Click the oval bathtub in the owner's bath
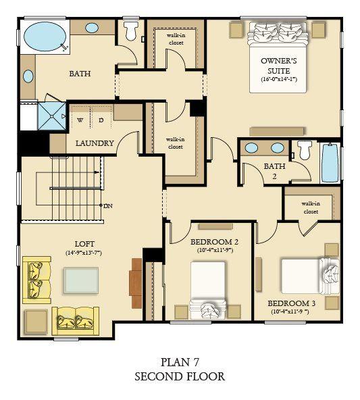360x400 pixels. click(45, 36)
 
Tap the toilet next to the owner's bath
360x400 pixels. click(131, 30)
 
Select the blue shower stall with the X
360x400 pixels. click(52, 116)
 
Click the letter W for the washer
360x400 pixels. click(80, 120)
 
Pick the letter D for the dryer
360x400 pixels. click(101, 120)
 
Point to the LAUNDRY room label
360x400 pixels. click(95, 143)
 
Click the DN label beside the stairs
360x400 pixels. click(108, 206)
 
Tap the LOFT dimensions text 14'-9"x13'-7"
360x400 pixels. click(84, 253)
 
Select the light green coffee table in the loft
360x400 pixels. click(81, 280)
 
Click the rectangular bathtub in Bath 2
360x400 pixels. click(330, 162)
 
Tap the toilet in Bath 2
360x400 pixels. click(305, 150)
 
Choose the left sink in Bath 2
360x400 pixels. click(251, 148)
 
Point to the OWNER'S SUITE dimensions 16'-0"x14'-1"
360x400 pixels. click(279, 79)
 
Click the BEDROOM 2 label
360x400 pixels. click(215, 242)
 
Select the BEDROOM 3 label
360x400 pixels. click(291, 303)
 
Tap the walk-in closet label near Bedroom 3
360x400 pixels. click(311, 207)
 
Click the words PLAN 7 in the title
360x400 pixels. click(180, 362)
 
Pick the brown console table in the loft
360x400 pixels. click(136, 283)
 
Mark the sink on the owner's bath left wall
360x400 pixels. click(28, 76)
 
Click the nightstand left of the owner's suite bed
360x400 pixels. click(236, 30)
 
